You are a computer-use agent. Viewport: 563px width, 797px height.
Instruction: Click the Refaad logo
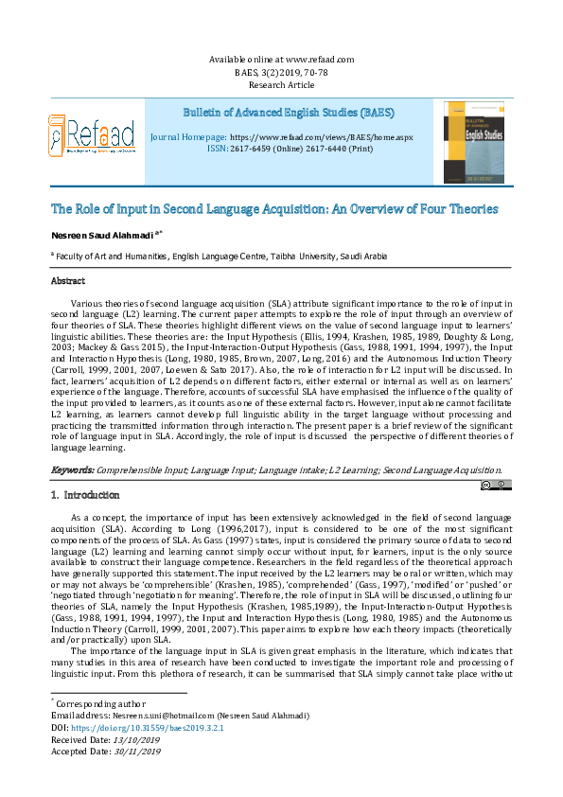(x=91, y=136)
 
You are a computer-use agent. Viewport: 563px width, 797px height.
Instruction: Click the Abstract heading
(x=68, y=281)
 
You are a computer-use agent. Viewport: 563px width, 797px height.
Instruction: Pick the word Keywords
(x=72, y=469)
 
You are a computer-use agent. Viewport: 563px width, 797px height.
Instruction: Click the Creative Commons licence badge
(x=496, y=485)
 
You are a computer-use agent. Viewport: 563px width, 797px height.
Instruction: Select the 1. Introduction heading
(x=84, y=495)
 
